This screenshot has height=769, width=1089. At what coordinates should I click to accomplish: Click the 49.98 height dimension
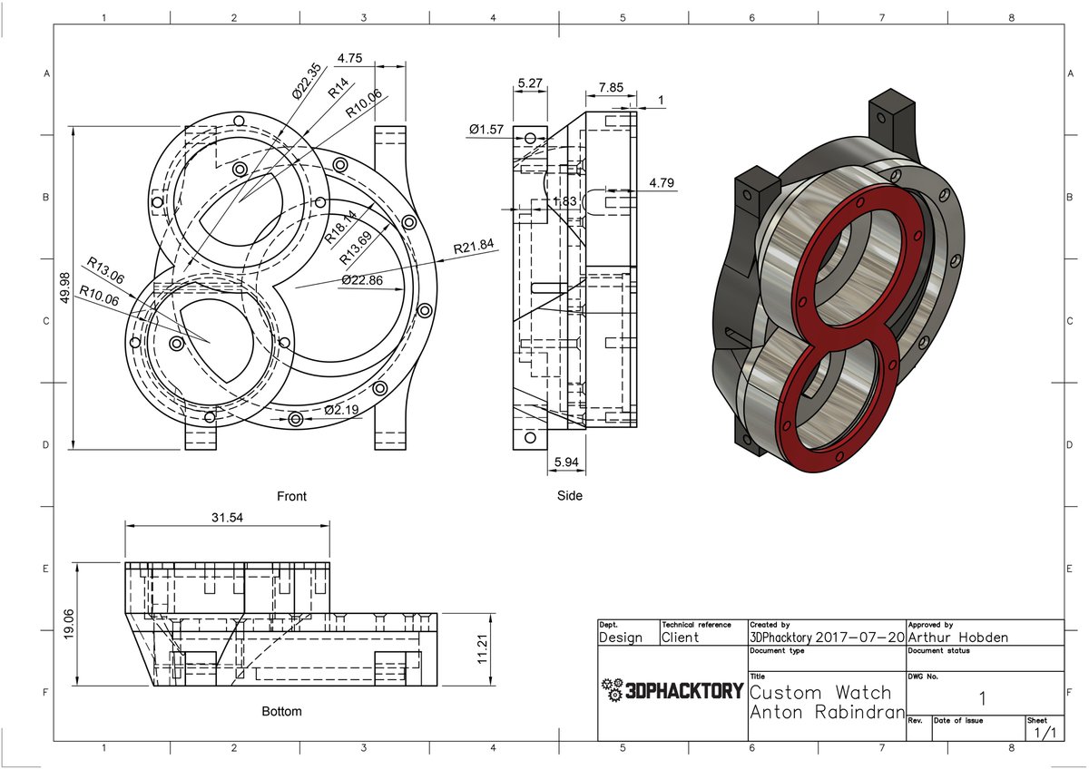tap(64, 288)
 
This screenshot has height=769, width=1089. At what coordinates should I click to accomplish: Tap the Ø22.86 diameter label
tap(363, 281)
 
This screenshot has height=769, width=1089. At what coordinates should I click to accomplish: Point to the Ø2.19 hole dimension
tap(342, 411)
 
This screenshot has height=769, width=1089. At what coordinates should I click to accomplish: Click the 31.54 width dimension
tap(227, 518)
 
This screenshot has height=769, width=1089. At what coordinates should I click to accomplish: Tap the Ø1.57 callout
tap(486, 131)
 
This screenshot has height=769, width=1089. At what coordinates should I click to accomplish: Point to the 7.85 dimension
tap(611, 88)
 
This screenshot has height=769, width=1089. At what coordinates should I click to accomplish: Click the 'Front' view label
tap(291, 496)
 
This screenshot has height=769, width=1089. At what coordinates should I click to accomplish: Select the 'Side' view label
tap(570, 496)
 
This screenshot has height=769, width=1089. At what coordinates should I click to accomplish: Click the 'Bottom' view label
tap(281, 711)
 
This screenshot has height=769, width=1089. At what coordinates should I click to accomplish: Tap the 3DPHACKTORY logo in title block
tap(672, 692)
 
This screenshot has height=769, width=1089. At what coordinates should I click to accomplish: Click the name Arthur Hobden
tap(957, 638)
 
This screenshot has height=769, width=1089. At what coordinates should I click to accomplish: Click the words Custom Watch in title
tap(821, 693)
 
